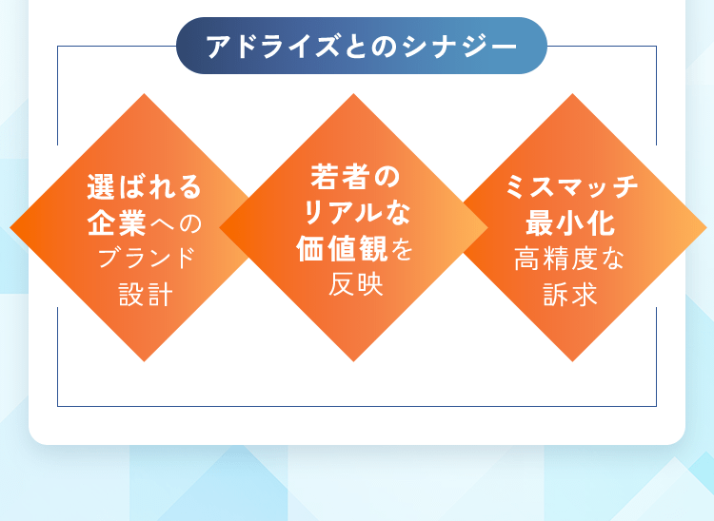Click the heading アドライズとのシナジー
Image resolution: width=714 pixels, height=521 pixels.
click(x=362, y=46)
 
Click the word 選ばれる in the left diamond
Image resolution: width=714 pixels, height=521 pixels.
click(x=145, y=186)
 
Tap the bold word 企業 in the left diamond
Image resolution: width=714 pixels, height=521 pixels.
click(x=116, y=224)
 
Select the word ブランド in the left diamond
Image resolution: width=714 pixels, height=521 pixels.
click(x=145, y=258)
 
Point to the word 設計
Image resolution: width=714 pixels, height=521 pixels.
click(x=145, y=294)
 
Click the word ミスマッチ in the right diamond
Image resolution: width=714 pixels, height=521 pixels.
click(x=571, y=186)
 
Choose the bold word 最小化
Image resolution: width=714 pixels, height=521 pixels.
click(x=571, y=224)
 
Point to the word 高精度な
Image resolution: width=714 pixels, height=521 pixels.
click(x=571, y=258)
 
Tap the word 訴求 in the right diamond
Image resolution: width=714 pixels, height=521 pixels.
click(x=571, y=294)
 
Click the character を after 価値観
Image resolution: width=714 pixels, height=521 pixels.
click(x=403, y=250)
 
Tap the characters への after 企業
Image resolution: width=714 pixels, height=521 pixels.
click(x=175, y=224)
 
